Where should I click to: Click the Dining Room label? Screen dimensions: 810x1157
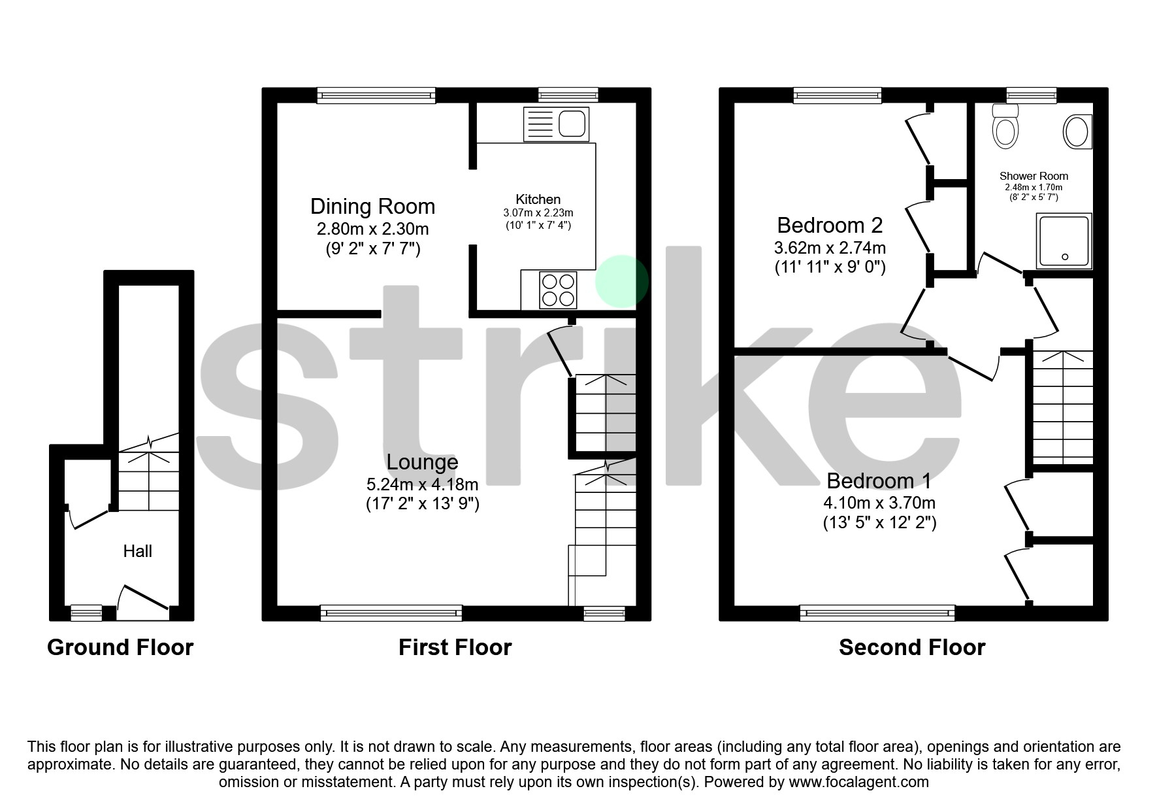point(372,207)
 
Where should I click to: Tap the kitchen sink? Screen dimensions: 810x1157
point(557,124)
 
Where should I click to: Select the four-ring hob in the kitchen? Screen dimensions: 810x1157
point(559,290)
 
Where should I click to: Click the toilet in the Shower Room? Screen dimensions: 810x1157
point(1005,129)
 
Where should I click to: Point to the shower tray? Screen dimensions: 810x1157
point(1064,241)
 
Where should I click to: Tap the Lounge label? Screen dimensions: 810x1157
point(422,462)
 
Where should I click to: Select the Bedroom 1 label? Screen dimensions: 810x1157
point(879,481)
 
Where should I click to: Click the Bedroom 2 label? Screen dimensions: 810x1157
point(830,226)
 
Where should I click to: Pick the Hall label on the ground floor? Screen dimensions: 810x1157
point(138,551)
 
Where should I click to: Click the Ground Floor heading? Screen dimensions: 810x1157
point(120,647)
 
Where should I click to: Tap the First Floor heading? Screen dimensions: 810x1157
point(455,647)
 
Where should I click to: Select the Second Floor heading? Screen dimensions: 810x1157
point(912,647)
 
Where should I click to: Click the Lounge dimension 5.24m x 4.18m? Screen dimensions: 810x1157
point(422,484)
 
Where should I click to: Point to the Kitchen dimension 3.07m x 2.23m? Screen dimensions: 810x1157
point(538,213)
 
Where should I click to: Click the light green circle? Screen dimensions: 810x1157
point(621,282)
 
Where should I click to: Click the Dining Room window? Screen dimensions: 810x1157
point(376,95)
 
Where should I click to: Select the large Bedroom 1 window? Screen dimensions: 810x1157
point(877,613)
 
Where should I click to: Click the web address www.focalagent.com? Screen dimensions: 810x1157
point(858,782)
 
